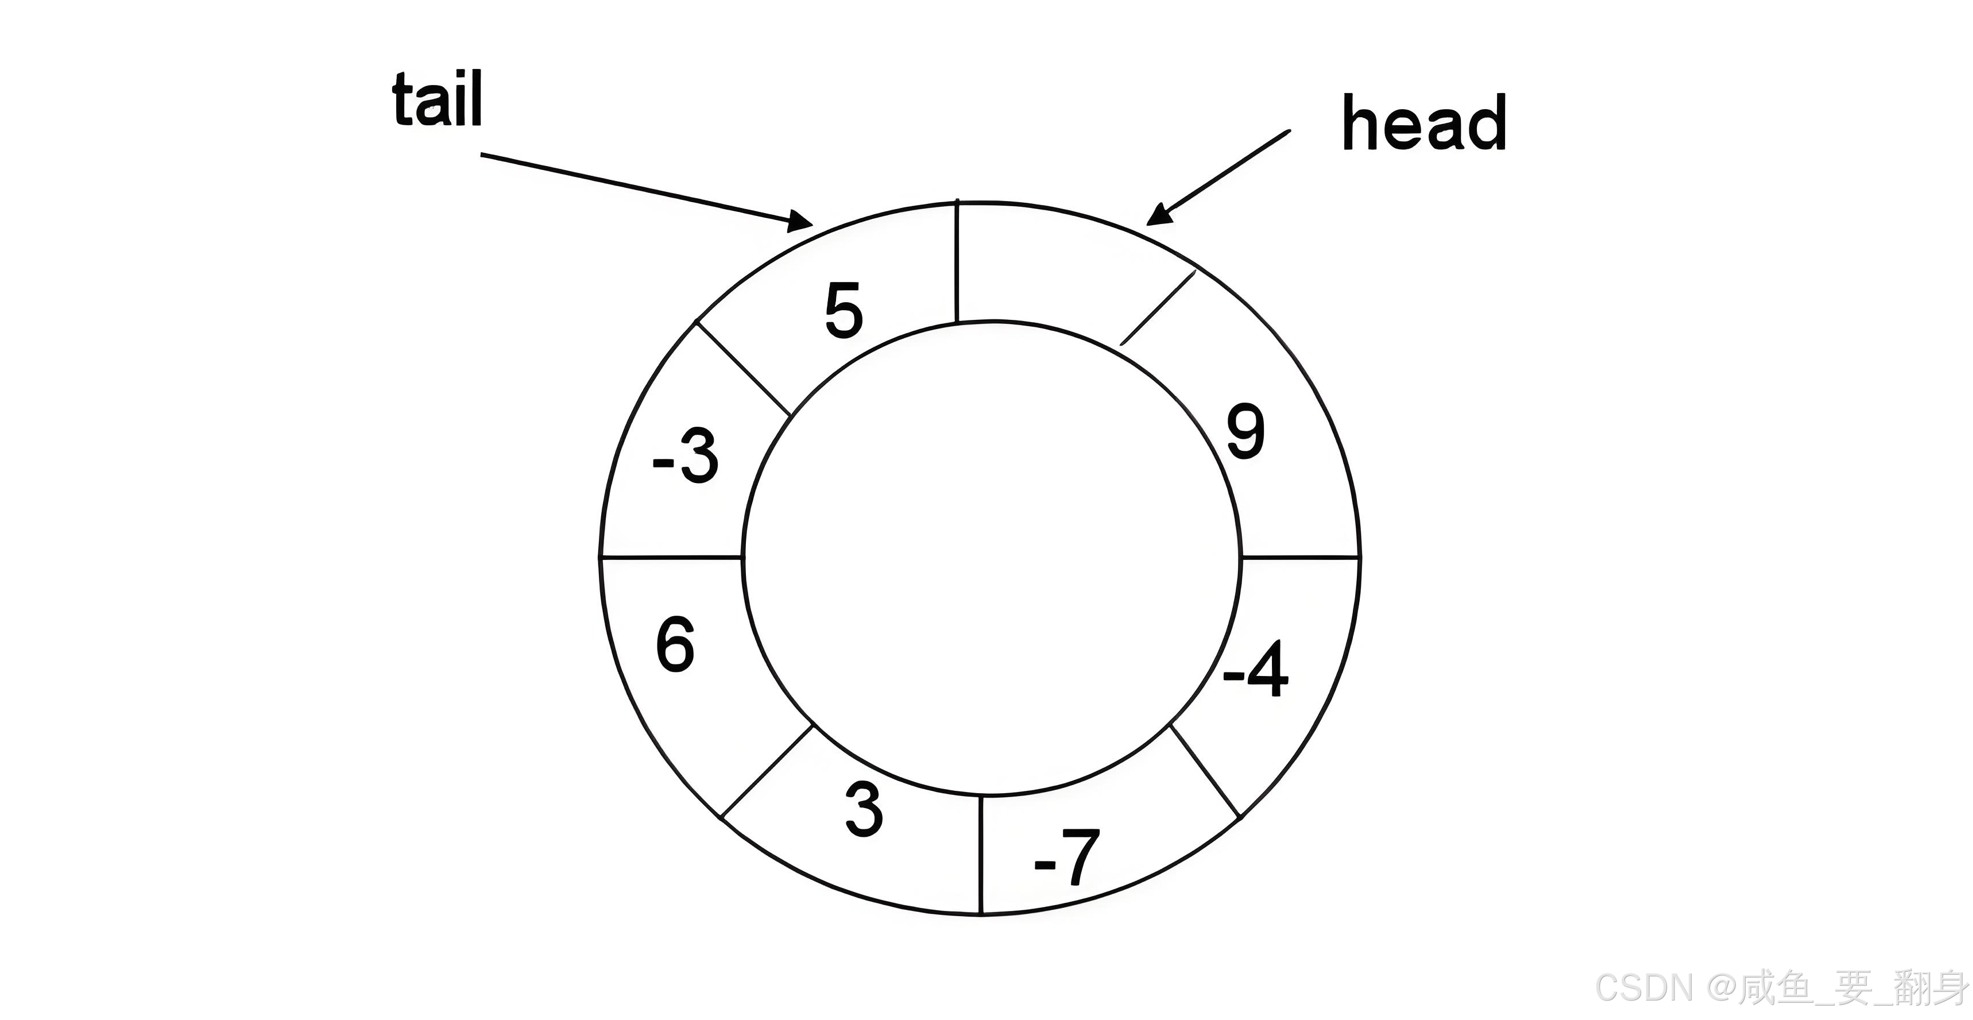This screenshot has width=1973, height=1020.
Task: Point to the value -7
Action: [1067, 857]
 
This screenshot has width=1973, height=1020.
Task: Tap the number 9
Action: [1245, 431]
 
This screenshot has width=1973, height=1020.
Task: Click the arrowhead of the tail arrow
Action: [801, 222]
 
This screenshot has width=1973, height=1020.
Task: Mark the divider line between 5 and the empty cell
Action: [957, 261]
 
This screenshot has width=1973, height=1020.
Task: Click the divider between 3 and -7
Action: [981, 855]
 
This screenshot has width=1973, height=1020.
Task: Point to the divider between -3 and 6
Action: [672, 557]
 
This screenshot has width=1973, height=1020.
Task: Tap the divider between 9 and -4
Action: [1300, 557]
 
